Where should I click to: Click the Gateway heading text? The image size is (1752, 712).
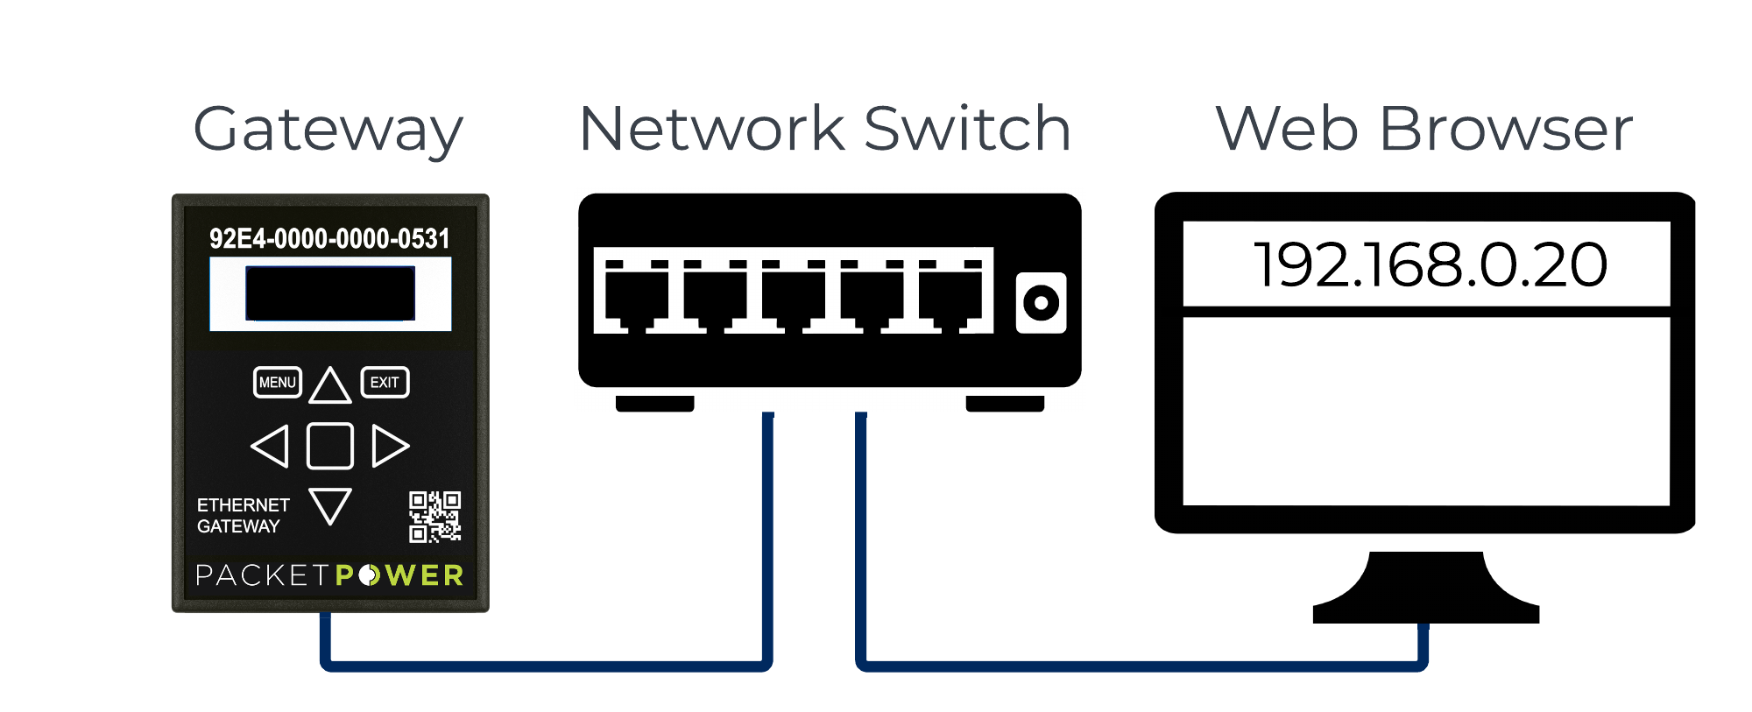[x=328, y=130]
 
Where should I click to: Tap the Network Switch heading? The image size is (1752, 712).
[x=824, y=129]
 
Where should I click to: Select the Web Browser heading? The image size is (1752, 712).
[x=1423, y=129]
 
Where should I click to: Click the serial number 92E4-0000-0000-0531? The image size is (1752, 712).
[x=329, y=238]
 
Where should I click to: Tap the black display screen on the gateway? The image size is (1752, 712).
[x=330, y=293]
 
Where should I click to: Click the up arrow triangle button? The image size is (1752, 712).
[x=330, y=386]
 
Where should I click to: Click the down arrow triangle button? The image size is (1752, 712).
[x=330, y=504]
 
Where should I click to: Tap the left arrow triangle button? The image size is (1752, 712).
[x=272, y=446]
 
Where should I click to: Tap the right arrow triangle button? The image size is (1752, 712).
[x=389, y=446]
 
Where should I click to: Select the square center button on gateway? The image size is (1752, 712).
[x=330, y=446]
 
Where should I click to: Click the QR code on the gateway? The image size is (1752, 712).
[x=434, y=517]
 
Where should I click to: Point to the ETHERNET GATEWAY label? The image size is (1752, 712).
[x=243, y=516]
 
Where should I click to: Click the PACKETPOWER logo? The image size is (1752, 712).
[x=329, y=575]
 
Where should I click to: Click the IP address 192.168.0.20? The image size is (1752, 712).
[x=1430, y=264]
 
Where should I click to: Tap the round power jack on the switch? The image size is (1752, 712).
[x=1041, y=303]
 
